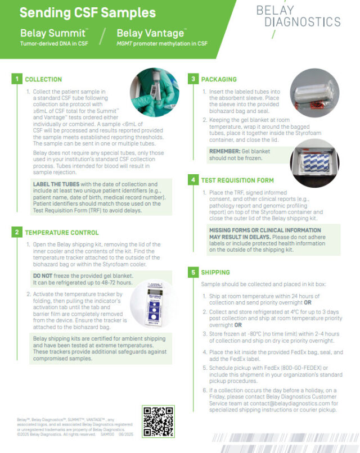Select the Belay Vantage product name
150,33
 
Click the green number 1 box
17,79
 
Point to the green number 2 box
17,232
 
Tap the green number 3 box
193,79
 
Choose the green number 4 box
193,180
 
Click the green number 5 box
193,273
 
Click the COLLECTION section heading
43,79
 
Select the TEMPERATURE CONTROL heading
61,232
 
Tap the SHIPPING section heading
216,273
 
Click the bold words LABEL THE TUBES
59,184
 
